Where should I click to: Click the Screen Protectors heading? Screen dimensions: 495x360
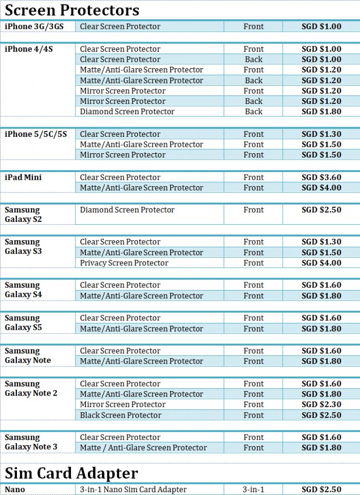[x=72, y=10]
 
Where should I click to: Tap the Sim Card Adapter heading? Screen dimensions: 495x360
[x=72, y=473]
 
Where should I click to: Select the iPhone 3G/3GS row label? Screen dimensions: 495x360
[x=34, y=27]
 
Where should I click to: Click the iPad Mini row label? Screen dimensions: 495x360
[x=23, y=177]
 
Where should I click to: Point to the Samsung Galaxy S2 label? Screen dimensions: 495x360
[x=22, y=215]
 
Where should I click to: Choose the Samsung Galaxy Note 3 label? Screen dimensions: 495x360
[x=31, y=442]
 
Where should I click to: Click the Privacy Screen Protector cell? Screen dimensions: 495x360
[x=124, y=263]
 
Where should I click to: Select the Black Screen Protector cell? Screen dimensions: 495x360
[x=120, y=415]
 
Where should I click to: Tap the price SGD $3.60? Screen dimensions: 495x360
[x=321, y=177]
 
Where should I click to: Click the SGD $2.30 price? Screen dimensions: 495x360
[x=321, y=405]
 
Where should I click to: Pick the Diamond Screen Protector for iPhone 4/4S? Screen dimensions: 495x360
[x=127, y=112]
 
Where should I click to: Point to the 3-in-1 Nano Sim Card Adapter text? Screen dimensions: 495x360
[x=133, y=490]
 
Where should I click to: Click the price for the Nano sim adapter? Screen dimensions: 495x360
[x=321, y=490]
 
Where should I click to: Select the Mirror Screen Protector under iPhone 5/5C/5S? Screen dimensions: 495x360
[x=123, y=155]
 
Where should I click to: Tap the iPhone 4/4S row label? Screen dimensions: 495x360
[x=29, y=49]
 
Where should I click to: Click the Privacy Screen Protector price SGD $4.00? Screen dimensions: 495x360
[x=321, y=263]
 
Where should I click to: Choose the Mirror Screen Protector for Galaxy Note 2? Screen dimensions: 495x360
[x=123, y=405]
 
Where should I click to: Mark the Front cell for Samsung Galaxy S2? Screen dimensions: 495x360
[x=254, y=210]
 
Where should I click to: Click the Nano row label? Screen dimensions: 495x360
[x=14, y=490]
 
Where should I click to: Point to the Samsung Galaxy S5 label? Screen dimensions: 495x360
[x=22, y=323]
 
